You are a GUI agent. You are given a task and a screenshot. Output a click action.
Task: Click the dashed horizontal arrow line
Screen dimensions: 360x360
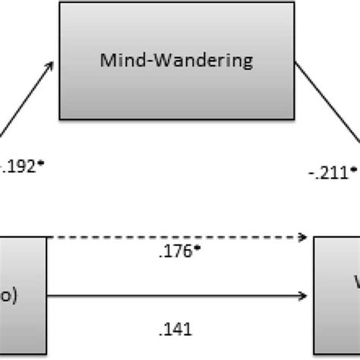coord(175,237)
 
